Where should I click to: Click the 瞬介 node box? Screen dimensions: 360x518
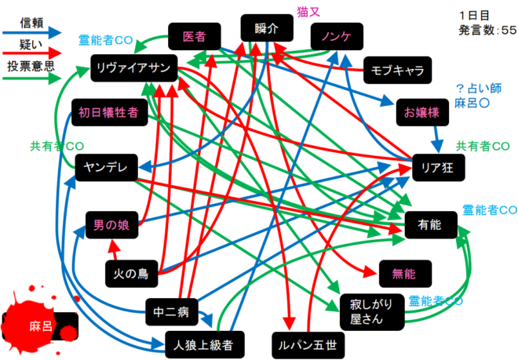(x=267, y=28)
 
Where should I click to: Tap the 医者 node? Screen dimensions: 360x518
(x=193, y=36)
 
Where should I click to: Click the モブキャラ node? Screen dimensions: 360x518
(x=397, y=70)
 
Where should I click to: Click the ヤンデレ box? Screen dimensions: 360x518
(x=106, y=166)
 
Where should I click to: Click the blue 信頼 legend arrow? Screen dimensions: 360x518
(x=35, y=32)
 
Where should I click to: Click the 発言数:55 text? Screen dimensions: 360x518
(x=487, y=30)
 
